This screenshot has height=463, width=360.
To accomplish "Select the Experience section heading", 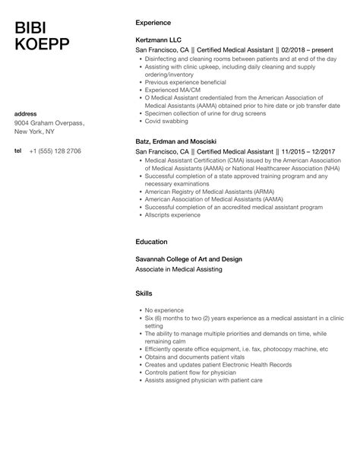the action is coord(153,23).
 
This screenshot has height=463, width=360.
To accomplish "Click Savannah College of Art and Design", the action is coord(188,259).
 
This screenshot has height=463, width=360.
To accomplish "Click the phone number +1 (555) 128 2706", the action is coord(55,151).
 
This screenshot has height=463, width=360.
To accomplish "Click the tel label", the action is coord(18,151).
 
